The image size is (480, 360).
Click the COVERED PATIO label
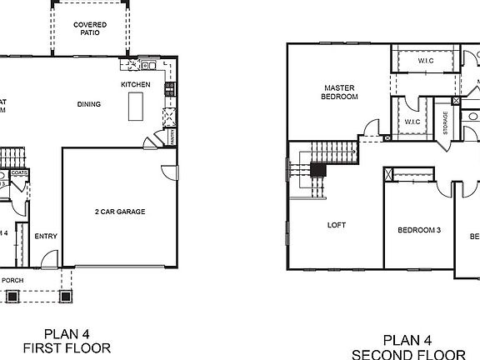point(89,28)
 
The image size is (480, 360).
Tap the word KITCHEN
point(135,85)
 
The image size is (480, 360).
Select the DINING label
point(88,104)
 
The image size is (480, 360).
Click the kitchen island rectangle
point(135,107)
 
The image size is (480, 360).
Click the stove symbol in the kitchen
point(169,87)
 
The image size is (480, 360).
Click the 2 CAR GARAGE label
point(120,212)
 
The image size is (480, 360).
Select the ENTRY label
point(46,236)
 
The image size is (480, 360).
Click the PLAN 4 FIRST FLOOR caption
point(67,341)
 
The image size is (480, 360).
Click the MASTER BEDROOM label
point(339,92)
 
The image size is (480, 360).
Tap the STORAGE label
point(446,122)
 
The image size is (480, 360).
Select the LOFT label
point(336,225)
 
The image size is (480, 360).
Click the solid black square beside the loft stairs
point(317,169)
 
